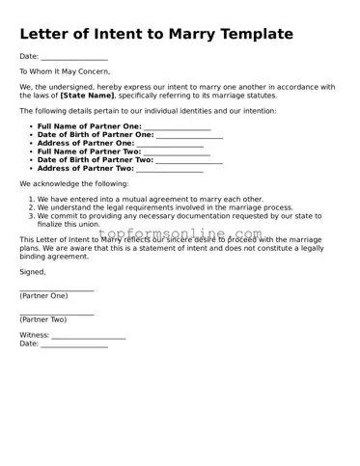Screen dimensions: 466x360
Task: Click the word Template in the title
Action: (257, 34)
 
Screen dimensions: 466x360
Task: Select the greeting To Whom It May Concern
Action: (65, 71)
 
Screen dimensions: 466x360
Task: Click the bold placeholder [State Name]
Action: (87, 96)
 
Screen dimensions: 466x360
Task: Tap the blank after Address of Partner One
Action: (170, 145)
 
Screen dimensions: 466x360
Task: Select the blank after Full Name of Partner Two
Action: (177, 153)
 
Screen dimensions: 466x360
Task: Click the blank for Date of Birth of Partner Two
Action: (189, 161)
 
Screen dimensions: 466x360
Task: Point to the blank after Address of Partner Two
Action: (170, 170)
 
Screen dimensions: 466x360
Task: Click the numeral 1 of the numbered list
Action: (31, 198)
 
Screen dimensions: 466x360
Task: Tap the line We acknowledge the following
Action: (73, 183)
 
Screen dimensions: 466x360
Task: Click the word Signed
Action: (32, 272)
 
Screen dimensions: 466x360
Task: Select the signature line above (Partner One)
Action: (56, 289)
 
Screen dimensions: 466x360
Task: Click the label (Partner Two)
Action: (43, 319)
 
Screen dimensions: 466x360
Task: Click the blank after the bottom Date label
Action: (73, 345)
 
